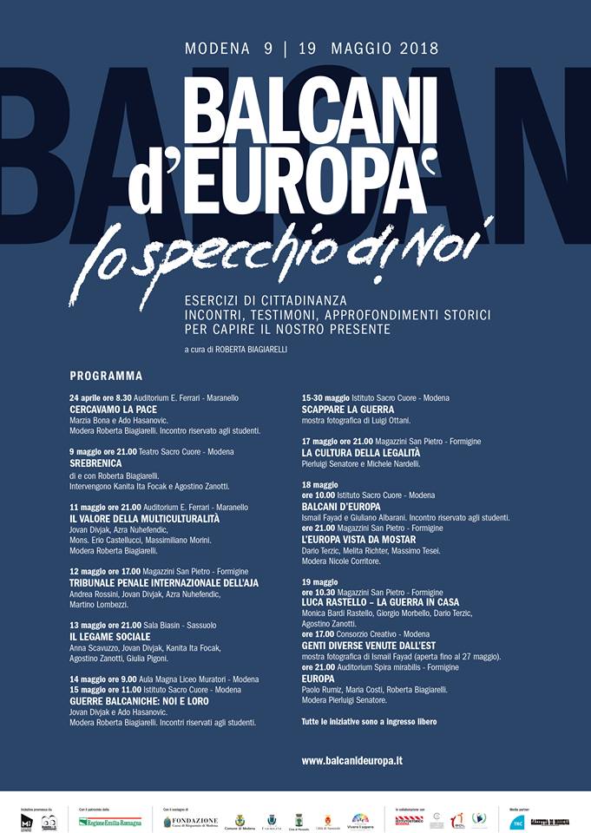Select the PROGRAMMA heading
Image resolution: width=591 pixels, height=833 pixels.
click(x=106, y=377)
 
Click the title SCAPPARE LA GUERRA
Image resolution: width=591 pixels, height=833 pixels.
click(x=348, y=409)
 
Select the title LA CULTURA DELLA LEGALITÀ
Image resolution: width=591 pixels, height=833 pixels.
click(x=360, y=453)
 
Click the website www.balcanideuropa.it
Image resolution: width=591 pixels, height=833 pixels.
click(x=351, y=761)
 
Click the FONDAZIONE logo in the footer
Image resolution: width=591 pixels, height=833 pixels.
click(x=191, y=821)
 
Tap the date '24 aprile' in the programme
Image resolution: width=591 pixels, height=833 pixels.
click(x=86, y=397)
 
